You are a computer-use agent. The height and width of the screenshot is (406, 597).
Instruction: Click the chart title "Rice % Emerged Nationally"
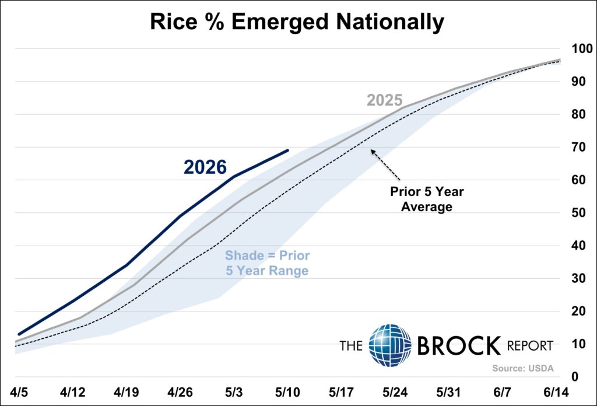[297, 22]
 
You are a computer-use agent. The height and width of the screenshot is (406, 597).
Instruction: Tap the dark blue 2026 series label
[205, 167]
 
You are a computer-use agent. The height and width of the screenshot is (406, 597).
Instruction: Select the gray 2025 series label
[385, 100]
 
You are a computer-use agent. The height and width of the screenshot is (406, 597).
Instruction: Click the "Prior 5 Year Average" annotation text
[427, 199]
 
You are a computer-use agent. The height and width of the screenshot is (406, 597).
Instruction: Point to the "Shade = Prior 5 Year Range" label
[267, 263]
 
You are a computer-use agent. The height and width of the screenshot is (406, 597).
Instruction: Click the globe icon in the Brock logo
[390, 345]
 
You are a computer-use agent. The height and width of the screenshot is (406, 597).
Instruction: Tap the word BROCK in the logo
[459, 345]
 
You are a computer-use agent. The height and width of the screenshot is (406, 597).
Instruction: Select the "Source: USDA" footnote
[523, 368]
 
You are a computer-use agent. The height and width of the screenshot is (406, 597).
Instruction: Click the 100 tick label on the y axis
[582, 48]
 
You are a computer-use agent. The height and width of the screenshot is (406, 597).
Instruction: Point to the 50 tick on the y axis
[578, 212]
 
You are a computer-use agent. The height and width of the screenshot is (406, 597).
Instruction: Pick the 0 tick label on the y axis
[575, 377]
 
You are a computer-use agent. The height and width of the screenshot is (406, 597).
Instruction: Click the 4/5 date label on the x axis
[19, 392]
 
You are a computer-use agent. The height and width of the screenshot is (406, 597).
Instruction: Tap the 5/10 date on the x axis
[287, 392]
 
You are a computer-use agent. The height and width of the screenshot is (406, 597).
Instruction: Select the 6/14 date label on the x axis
[556, 392]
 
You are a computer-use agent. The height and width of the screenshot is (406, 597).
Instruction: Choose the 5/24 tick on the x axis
[395, 392]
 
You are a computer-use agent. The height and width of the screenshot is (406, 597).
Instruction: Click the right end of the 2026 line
[288, 150]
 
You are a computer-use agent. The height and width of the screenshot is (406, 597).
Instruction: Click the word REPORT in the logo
[530, 346]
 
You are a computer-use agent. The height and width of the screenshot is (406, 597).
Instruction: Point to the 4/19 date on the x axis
[127, 392]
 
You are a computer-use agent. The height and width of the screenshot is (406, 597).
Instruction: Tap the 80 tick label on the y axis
[578, 114]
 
